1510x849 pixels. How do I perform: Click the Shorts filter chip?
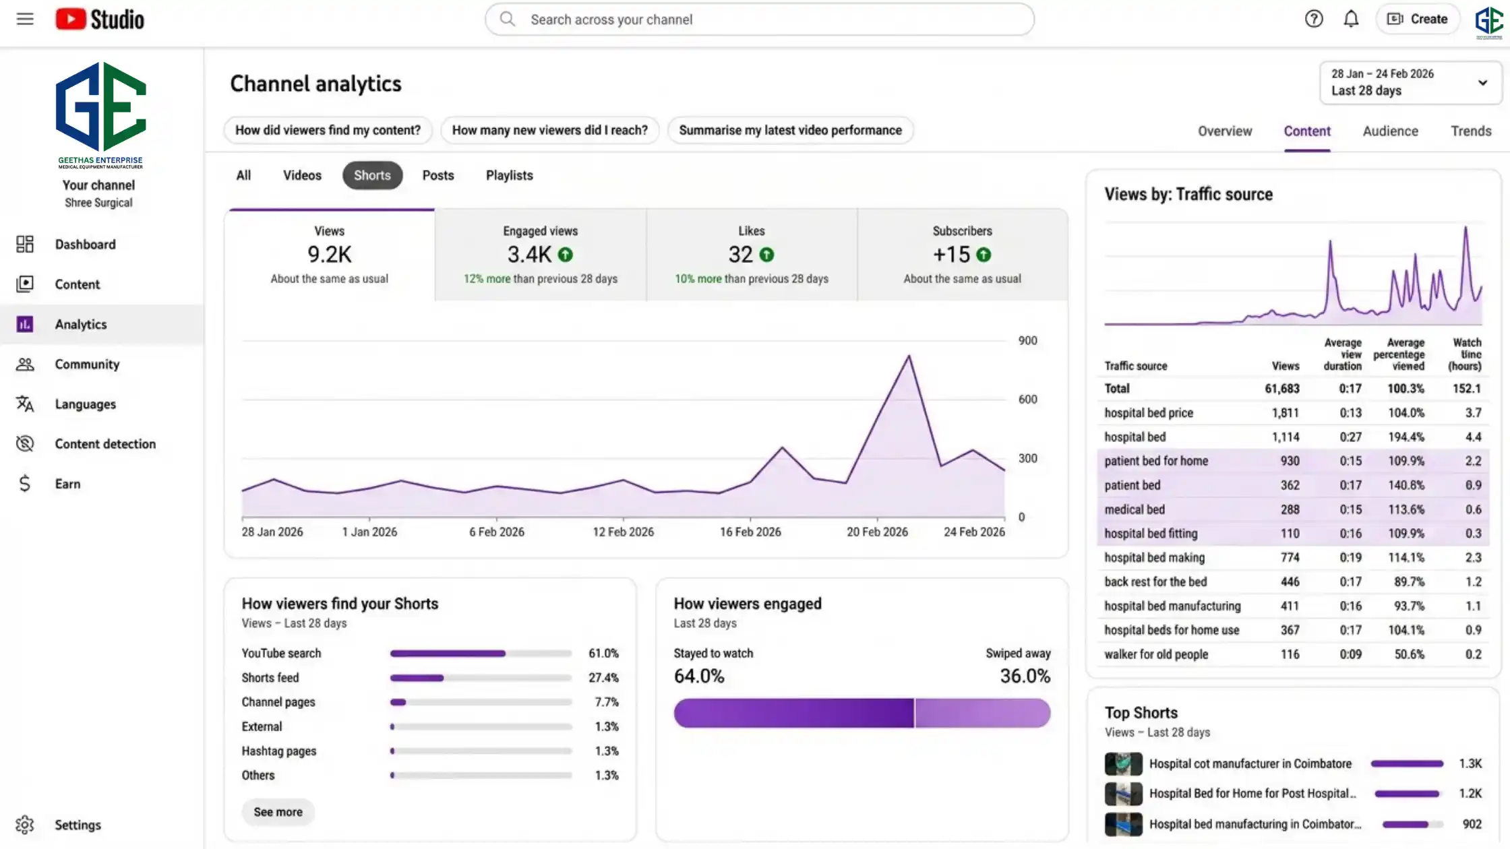point(372,175)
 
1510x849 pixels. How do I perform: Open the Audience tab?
point(1390,131)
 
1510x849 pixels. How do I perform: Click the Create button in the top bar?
point(1417,19)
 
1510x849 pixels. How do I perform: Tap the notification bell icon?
point(1351,19)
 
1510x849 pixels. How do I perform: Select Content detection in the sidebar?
point(105,443)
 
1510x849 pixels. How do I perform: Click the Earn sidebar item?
point(67,484)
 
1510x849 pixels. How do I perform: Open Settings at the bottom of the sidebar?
point(78,825)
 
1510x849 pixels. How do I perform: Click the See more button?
point(278,812)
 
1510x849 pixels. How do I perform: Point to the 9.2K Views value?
point(329,255)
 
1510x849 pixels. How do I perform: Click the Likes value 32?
point(740,255)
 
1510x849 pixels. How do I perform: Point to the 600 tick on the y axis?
point(1027,400)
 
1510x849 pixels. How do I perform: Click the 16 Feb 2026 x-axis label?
point(750,532)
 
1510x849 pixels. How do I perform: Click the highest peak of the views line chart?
point(909,356)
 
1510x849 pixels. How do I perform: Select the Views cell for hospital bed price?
point(1285,412)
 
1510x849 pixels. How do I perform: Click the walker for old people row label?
point(1155,654)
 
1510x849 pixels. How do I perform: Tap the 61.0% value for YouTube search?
point(603,653)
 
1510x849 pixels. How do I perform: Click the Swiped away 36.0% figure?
point(1025,676)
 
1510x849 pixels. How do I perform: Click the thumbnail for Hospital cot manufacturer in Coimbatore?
point(1123,763)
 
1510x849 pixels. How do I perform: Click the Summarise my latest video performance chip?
point(790,130)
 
